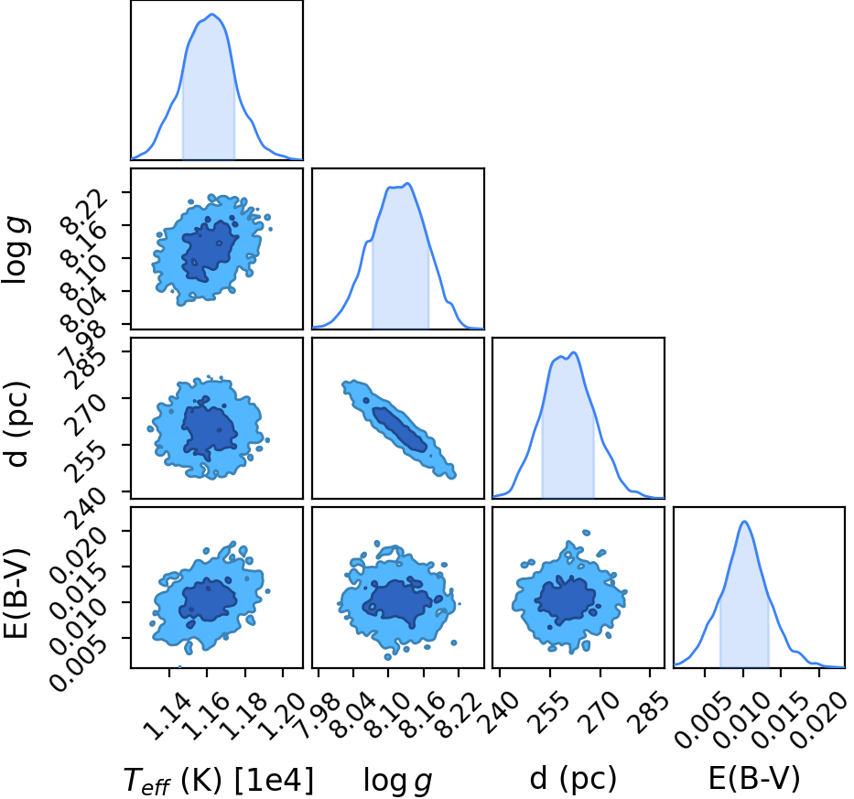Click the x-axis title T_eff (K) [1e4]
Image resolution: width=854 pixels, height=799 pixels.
point(219,780)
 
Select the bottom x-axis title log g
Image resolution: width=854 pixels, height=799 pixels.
point(397,781)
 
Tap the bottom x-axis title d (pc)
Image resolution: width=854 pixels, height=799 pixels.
point(573,779)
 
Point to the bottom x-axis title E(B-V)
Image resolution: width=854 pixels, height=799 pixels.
point(754,778)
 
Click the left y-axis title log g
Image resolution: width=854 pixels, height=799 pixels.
point(16,249)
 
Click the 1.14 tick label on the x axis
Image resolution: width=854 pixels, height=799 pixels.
point(169,717)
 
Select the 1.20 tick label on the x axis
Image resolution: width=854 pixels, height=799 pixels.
point(282,717)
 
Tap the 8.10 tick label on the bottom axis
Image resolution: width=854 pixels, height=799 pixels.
point(388,717)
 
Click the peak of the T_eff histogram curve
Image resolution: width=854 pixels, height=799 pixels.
point(211,14)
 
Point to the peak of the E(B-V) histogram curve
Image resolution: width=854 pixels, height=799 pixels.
point(744,522)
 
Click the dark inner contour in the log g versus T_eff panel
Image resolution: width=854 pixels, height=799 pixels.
point(210,251)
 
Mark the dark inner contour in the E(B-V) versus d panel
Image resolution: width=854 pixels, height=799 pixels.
point(565,599)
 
